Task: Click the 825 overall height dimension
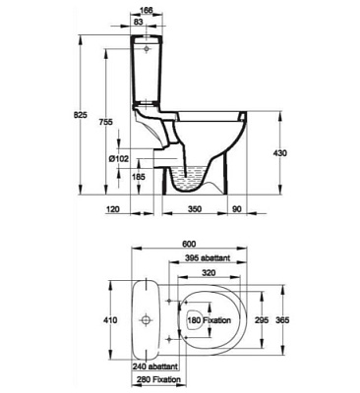pyautogui.click(x=80, y=115)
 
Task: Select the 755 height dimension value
pyautogui.click(x=106, y=122)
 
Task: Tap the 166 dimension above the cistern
pyautogui.click(x=147, y=10)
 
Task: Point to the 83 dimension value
pyautogui.click(x=139, y=22)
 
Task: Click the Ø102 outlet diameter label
pyautogui.click(x=119, y=159)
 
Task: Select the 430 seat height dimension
pyautogui.click(x=280, y=153)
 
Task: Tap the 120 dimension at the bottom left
pyautogui.click(x=112, y=208)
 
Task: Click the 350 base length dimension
pyautogui.click(x=195, y=208)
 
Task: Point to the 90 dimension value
pyautogui.click(x=237, y=208)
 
